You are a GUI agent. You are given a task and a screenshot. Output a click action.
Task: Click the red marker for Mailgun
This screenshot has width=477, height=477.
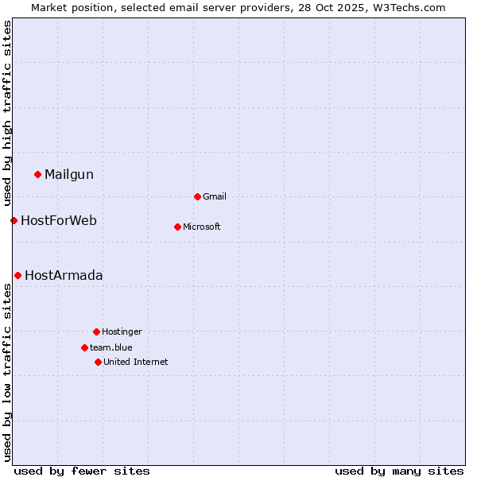click(37, 174)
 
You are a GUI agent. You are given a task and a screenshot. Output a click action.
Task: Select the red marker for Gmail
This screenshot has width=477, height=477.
click(197, 196)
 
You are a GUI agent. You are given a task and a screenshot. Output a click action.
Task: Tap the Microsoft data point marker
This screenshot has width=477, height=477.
click(177, 227)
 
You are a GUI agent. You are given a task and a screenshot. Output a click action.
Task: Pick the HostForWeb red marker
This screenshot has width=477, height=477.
click(14, 220)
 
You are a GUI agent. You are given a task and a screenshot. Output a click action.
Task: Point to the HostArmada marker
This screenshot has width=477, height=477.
click(17, 275)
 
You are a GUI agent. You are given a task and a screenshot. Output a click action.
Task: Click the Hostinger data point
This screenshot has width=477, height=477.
click(96, 332)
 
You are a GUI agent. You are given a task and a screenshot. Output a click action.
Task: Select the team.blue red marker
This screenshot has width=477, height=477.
click(84, 347)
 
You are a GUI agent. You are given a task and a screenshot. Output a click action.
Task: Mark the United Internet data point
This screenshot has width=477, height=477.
click(98, 362)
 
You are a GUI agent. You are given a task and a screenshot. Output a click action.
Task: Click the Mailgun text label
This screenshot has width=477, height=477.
click(69, 174)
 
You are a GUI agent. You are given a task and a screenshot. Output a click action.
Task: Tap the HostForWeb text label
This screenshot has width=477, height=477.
click(59, 220)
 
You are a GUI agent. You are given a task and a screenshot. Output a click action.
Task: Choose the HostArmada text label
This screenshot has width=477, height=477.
click(64, 275)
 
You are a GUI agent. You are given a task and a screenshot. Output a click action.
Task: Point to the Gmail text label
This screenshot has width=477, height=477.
click(215, 196)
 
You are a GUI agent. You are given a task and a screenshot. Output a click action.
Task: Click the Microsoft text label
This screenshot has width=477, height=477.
click(202, 227)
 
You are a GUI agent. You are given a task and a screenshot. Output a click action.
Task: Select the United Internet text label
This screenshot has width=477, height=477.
click(136, 362)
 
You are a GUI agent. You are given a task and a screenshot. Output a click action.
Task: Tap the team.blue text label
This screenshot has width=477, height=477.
click(111, 347)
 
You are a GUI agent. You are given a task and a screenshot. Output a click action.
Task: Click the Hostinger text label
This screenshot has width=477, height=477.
click(122, 332)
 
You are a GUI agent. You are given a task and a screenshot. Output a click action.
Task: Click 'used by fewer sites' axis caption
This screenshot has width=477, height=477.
click(82, 471)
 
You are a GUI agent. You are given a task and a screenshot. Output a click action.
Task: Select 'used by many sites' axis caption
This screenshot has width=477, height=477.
click(399, 471)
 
